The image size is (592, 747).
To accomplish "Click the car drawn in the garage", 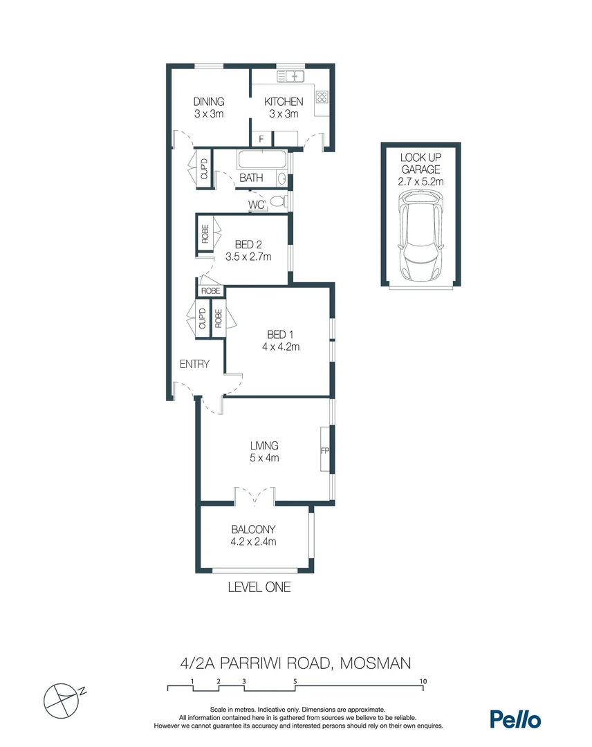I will click(420, 237).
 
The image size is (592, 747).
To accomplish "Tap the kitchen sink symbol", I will click(291, 75).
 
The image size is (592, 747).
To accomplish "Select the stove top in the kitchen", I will click(322, 98).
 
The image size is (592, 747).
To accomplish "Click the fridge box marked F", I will click(261, 139).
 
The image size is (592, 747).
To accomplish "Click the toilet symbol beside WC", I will click(278, 203).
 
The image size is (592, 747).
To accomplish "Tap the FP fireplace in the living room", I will click(324, 450).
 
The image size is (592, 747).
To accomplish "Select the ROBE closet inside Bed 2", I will click(205, 234).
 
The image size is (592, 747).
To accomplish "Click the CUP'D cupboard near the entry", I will click(203, 318).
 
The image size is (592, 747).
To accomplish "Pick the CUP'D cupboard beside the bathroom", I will click(204, 169).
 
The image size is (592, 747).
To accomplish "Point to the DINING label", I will click(208, 102).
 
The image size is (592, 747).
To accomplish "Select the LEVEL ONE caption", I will click(259, 587).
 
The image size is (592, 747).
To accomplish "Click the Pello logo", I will click(515, 719).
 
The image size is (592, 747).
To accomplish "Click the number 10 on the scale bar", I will click(423, 681).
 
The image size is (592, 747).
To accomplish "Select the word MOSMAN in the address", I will click(369, 663).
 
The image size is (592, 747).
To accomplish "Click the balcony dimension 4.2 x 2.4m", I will click(254, 542).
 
